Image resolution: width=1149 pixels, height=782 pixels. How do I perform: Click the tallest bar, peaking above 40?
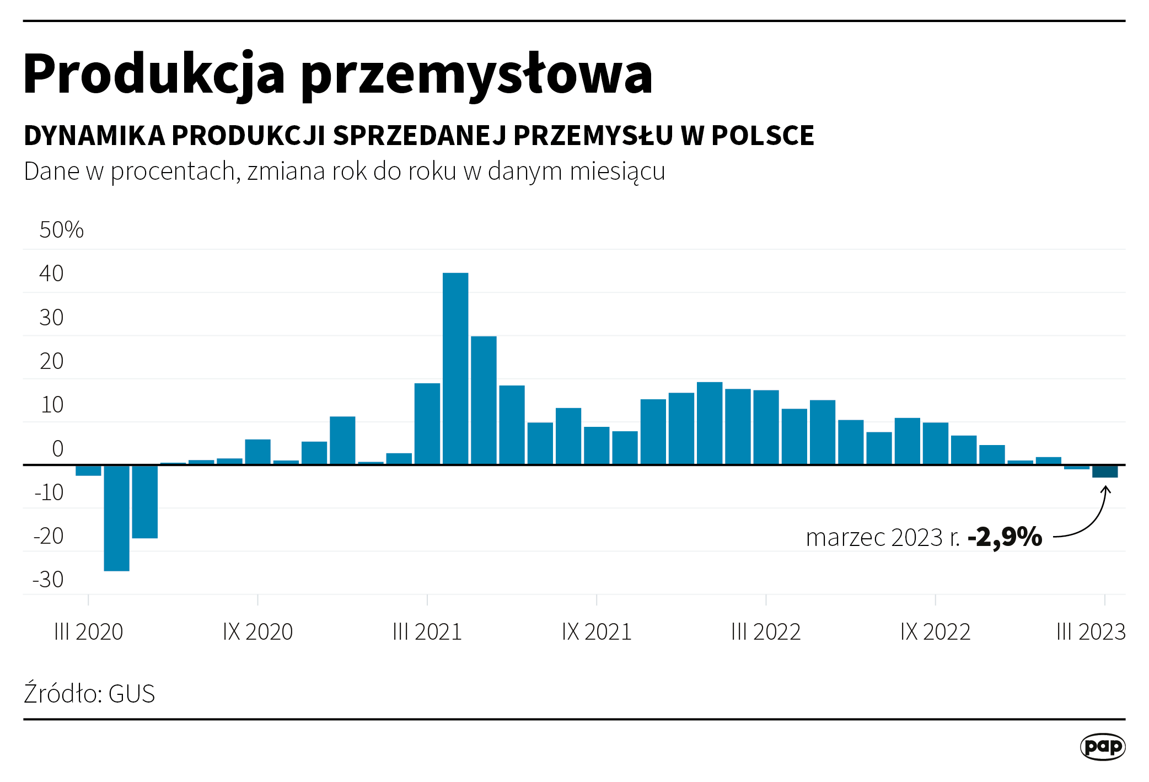click(x=455, y=368)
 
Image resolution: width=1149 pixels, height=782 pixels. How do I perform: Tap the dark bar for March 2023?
click(x=1105, y=472)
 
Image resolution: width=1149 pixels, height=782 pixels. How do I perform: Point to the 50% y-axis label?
click(x=61, y=230)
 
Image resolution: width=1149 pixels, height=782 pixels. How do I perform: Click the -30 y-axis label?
click(x=49, y=580)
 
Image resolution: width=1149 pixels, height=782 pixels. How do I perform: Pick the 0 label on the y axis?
click(x=57, y=449)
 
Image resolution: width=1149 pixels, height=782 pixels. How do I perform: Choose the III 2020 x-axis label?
click(x=88, y=632)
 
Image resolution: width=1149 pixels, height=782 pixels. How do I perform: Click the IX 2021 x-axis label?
click(x=597, y=632)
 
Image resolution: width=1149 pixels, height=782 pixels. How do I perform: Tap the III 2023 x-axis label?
click(x=1091, y=632)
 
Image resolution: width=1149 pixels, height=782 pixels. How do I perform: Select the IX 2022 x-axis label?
click(x=935, y=632)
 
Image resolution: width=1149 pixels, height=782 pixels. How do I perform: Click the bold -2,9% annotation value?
click(x=1005, y=537)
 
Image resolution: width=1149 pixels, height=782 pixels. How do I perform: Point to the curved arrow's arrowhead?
click(x=1105, y=489)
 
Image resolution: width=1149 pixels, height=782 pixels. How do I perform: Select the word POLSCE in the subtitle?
click(x=763, y=136)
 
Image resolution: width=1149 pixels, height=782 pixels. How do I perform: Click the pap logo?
click(x=1102, y=747)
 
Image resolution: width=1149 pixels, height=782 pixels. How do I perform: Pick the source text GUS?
click(x=132, y=694)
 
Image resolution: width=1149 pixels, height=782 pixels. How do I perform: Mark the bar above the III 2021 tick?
click(x=427, y=424)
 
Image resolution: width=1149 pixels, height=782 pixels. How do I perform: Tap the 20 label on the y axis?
click(x=52, y=362)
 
